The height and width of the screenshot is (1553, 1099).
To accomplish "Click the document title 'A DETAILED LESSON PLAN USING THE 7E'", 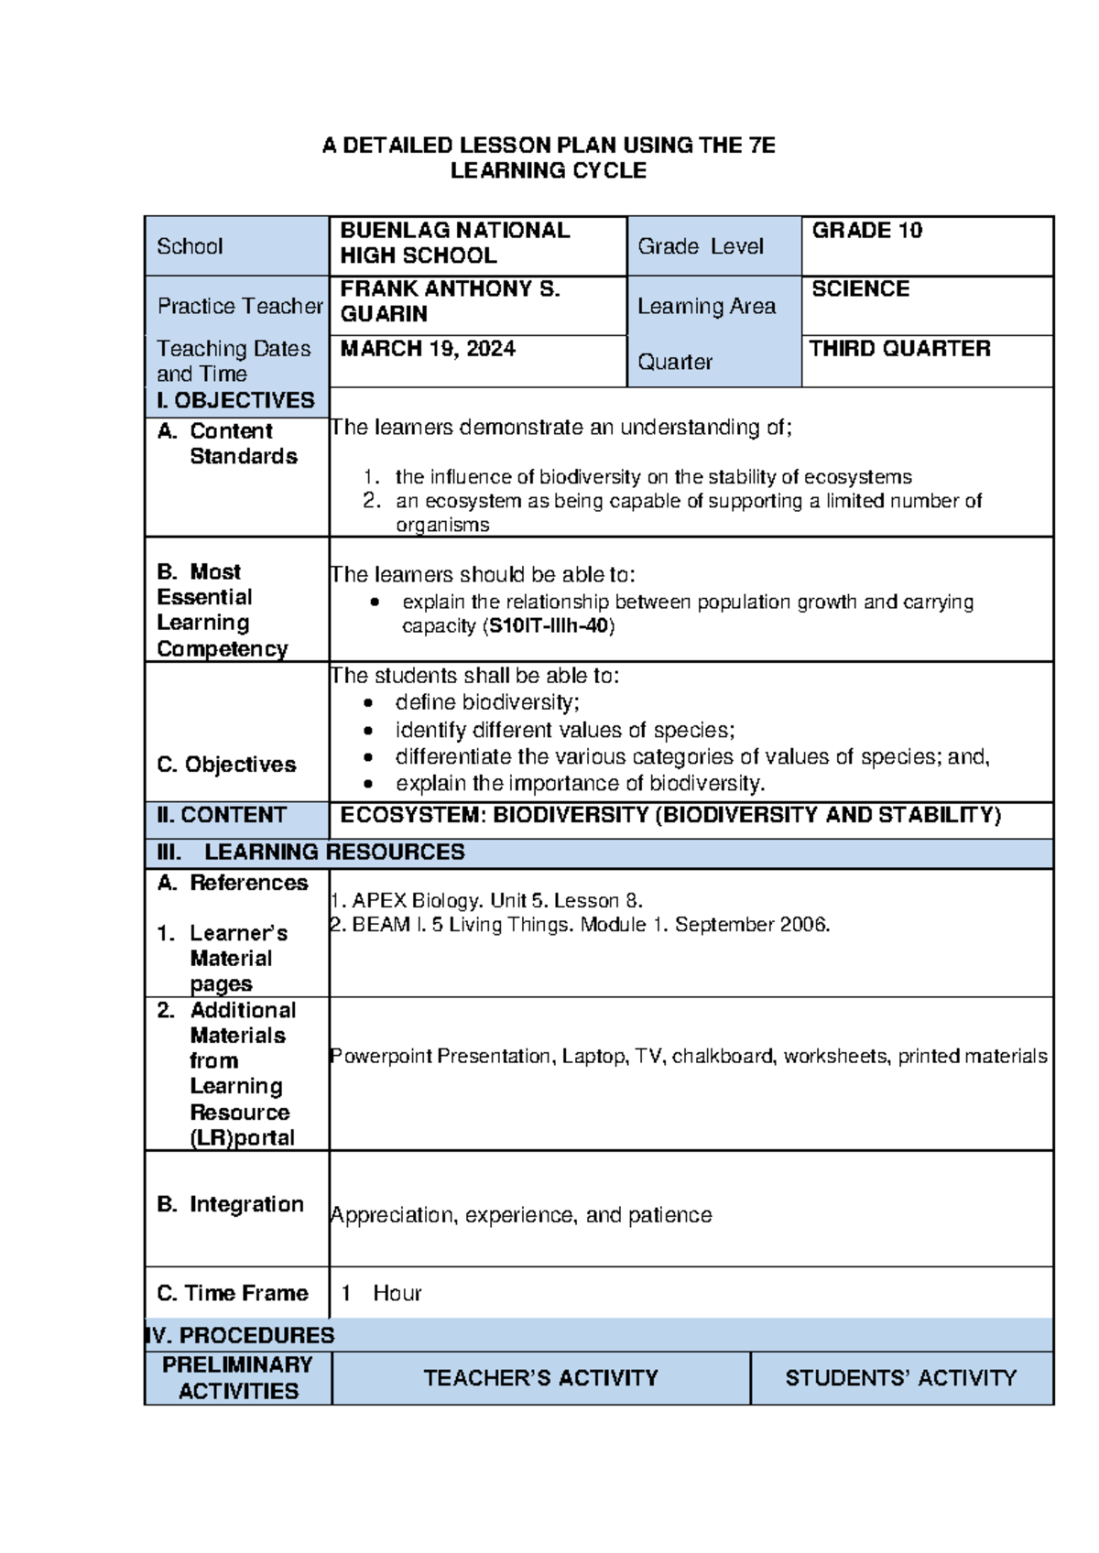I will click(549, 145).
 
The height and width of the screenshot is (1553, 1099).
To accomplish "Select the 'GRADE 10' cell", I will click(866, 231).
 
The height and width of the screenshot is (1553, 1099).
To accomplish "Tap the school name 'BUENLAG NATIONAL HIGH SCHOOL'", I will click(455, 243).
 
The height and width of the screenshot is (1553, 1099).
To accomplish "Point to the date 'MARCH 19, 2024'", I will click(428, 349).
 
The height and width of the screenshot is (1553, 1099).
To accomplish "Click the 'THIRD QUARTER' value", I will click(899, 349).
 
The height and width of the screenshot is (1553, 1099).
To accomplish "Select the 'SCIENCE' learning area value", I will click(860, 289).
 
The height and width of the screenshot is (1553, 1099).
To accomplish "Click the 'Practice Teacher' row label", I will click(240, 306).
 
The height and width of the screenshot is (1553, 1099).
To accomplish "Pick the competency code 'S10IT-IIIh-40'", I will click(549, 626).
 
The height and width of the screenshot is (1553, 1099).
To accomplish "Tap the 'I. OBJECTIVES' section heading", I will click(236, 401).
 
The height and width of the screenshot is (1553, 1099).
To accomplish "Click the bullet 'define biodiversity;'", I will click(487, 702).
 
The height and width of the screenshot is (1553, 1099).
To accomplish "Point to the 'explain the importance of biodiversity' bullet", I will click(580, 784).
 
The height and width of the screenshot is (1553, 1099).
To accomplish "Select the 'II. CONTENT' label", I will click(223, 815).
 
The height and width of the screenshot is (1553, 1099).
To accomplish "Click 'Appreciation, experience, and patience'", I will click(521, 1215).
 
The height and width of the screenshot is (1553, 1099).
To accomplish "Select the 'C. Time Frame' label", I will click(233, 1293).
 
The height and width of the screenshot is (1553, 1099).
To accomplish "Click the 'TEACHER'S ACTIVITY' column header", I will click(540, 1378).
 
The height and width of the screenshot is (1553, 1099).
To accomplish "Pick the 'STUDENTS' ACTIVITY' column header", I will click(900, 1378).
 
